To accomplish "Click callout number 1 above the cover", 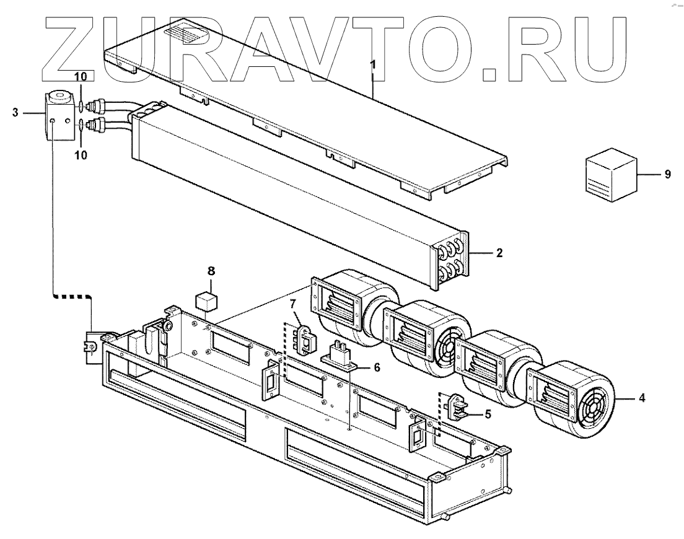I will coord(372,65).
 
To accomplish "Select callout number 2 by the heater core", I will coord(499,253).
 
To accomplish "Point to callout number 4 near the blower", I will coord(641,399).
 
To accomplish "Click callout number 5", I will coord(488,413).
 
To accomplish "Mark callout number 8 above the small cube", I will coord(211,271).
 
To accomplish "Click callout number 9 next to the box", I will coord(667,175).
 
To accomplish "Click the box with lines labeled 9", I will coord(612,175).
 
